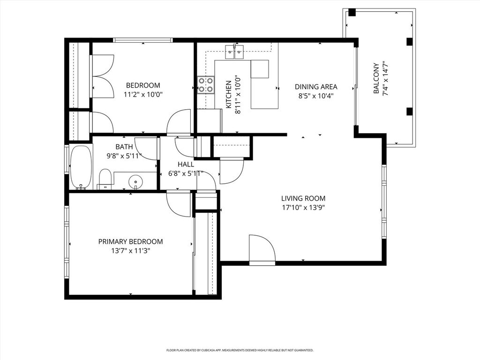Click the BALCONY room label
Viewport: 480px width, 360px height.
pyautogui.click(x=376, y=78)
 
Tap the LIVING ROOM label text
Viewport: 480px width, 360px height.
pyautogui.click(x=303, y=198)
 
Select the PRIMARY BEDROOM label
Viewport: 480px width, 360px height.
pyautogui.click(x=130, y=241)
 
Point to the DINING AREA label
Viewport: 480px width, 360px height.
pyautogui.click(x=316, y=87)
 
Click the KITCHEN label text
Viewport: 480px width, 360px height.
pyautogui.click(x=228, y=94)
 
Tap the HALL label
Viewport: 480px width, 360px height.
pyautogui.click(x=186, y=165)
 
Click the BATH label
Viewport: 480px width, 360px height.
pyautogui.click(x=124, y=147)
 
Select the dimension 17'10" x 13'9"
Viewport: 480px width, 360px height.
pyautogui.click(x=303, y=208)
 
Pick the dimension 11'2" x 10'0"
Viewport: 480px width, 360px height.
pyautogui.click(x=143, y=94)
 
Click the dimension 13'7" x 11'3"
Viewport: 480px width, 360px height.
pyautogui.click(x=130, y=251)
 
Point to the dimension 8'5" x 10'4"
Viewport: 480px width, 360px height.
pyautogui.click(x=316, y=96)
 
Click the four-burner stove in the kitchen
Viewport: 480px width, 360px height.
pyautogui.click(x=206, y=85)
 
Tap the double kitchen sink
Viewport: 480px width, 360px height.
pyautogui.click(x=234, y=52)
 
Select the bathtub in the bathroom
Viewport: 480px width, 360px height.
pyautogui.click(x=81, y=167)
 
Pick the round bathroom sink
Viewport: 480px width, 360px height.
pyautogui.click(x=135, y=181)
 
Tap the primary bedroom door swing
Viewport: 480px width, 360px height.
pyautogui.click(x=179, y=204)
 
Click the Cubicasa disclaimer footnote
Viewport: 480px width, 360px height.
pyautogui.click(x=240, y=350)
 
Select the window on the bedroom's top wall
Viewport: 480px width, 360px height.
pyautogui.click(x=143, y=40)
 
